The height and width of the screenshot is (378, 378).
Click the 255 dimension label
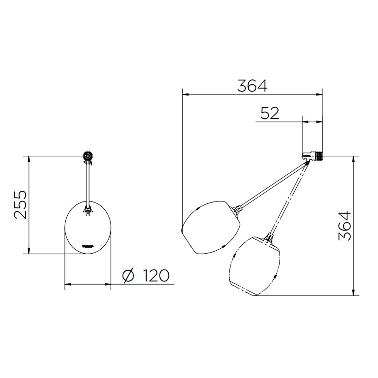tap(20, 204)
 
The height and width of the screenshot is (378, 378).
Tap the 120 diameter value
tap(156, 275)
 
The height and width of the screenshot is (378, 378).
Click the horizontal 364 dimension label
tap(252, 85)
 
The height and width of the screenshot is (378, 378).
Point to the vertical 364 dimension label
tap(345, 226)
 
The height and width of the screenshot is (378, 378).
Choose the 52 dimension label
tap(270, 113)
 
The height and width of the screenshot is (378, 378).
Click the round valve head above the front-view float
tap(88, 156)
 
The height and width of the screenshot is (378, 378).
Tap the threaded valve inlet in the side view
tap(319, 156)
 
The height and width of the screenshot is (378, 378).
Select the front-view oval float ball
tap(88, 227)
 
